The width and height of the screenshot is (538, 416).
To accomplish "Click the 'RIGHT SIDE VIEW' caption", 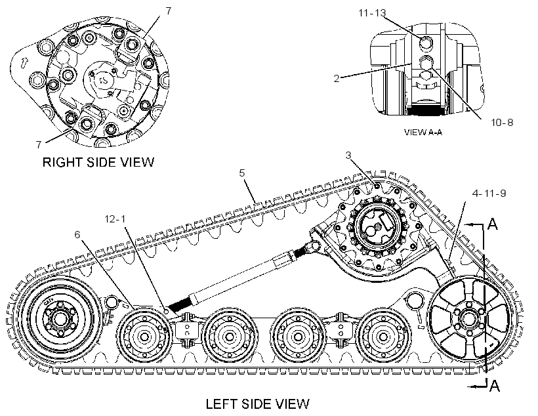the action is [x=98, y=162].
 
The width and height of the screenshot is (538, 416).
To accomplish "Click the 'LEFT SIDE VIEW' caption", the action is [x=257, y=404].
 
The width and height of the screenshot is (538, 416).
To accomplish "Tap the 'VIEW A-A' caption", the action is [x=423, y=132].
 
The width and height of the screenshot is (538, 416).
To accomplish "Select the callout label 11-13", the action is [x=372, y=13].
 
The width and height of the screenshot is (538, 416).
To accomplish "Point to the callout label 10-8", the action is [x=502, y=122].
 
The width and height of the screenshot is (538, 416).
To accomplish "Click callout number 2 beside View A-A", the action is [x=337, y=79].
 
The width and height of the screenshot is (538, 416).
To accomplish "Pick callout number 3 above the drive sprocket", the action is [x=348, y=156].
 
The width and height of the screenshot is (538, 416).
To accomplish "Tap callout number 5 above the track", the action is [x=242, y=173].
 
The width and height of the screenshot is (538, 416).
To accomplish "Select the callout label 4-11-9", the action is [x=489, y=194].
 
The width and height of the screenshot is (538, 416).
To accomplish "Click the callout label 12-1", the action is [x=115, y=218].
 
